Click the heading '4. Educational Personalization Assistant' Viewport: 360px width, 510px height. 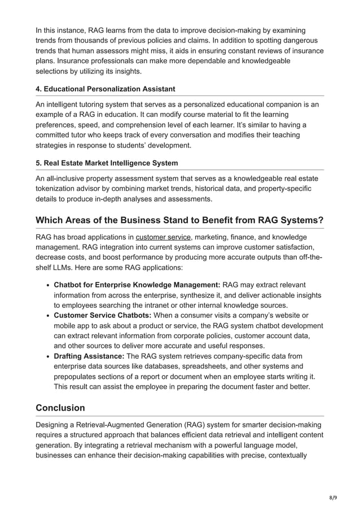(x=105, y=89)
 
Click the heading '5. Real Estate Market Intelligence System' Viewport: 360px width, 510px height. (x=107, y=163)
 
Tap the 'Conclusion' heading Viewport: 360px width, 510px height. (x=60, y=408)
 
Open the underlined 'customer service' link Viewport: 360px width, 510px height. (x=163, y=237)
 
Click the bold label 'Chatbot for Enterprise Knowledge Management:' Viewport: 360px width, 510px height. (x=137, y=285)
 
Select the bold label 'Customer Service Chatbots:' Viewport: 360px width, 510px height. (x=102, y=315)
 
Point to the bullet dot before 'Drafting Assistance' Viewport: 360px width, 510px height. (x=49, y=356)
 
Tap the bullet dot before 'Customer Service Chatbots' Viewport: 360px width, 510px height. (x=49, y=316)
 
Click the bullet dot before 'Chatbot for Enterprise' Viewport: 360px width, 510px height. (x=49, y=285)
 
